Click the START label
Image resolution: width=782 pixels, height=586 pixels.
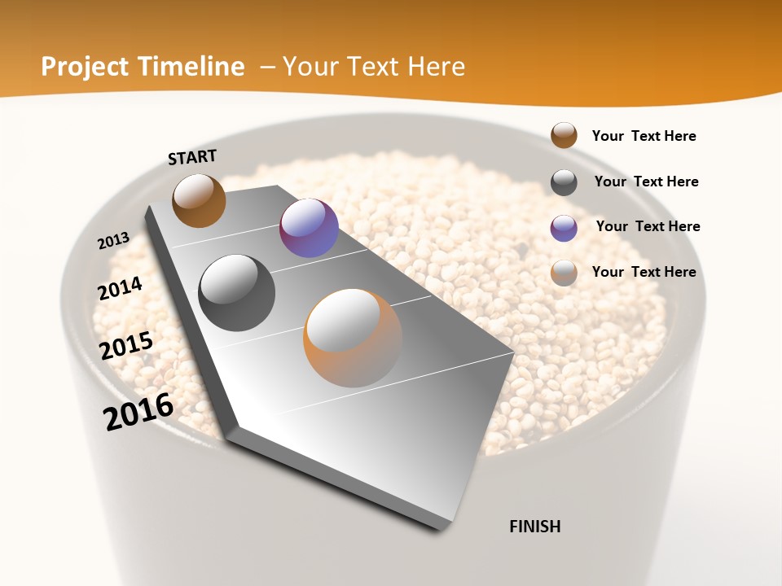tap(192, 157)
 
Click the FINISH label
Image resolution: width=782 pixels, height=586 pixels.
tap(534, 527)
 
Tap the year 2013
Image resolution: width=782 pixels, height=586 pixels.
tap(113, 241)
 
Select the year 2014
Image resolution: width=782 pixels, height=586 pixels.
tap(120, 289)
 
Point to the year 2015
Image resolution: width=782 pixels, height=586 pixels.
tap(126, 345)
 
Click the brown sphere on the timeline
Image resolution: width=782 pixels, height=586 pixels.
tap(199, 200)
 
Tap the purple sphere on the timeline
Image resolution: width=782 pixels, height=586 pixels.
tap(309, 228)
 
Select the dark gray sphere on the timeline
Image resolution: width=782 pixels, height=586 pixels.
tap(237, 293)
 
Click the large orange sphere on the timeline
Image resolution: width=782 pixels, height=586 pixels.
tap(353, 338)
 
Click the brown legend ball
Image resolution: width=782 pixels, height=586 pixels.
tap(564, 136)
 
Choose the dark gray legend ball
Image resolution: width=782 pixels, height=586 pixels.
tap(564, 182)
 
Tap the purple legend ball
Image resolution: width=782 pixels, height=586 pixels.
tap(564, 228)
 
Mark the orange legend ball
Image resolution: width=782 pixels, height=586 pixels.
tap(564, 273)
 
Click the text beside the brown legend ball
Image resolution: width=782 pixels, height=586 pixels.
tap(644, 136)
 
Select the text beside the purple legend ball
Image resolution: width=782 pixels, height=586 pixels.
tap(648, 226)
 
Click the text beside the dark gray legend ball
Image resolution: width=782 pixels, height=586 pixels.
tap(646, 181)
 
